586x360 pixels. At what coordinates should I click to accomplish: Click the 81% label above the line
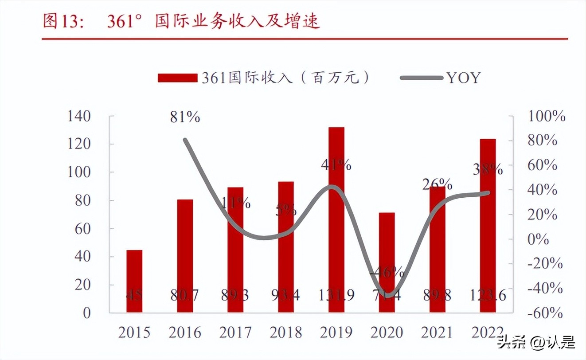pyautogui.click(x=185, y=117)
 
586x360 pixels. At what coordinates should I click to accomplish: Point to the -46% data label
pyautogui.click(x=387, y=272)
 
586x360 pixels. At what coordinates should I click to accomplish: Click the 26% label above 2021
pyautogui.click(x=438, y=184)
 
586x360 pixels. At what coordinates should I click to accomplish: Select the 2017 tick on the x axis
pyautogui.click(x=235, y=332)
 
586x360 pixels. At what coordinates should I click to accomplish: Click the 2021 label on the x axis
pyautogui.click(x=437, y=332)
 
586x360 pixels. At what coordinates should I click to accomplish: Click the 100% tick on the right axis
pyautogui.click(x=547, y=117)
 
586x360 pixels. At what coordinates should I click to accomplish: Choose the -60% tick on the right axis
pyautogui.click(x=546, y=313)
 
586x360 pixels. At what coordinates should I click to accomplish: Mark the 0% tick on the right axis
pyautogui.click(x=539, y=240)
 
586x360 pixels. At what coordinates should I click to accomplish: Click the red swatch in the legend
pyautogui.click(x=177, y=78)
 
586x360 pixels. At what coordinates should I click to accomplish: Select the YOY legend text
pyautogui.click(x=463, y=78)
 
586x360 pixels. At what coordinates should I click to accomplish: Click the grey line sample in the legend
pyautogui.click(x=421, y=78)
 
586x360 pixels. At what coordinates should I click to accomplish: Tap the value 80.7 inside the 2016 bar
pyautogui.click(x=185, y=295)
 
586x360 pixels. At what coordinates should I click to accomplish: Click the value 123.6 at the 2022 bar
pyautogui.click(x=488, y=295)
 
